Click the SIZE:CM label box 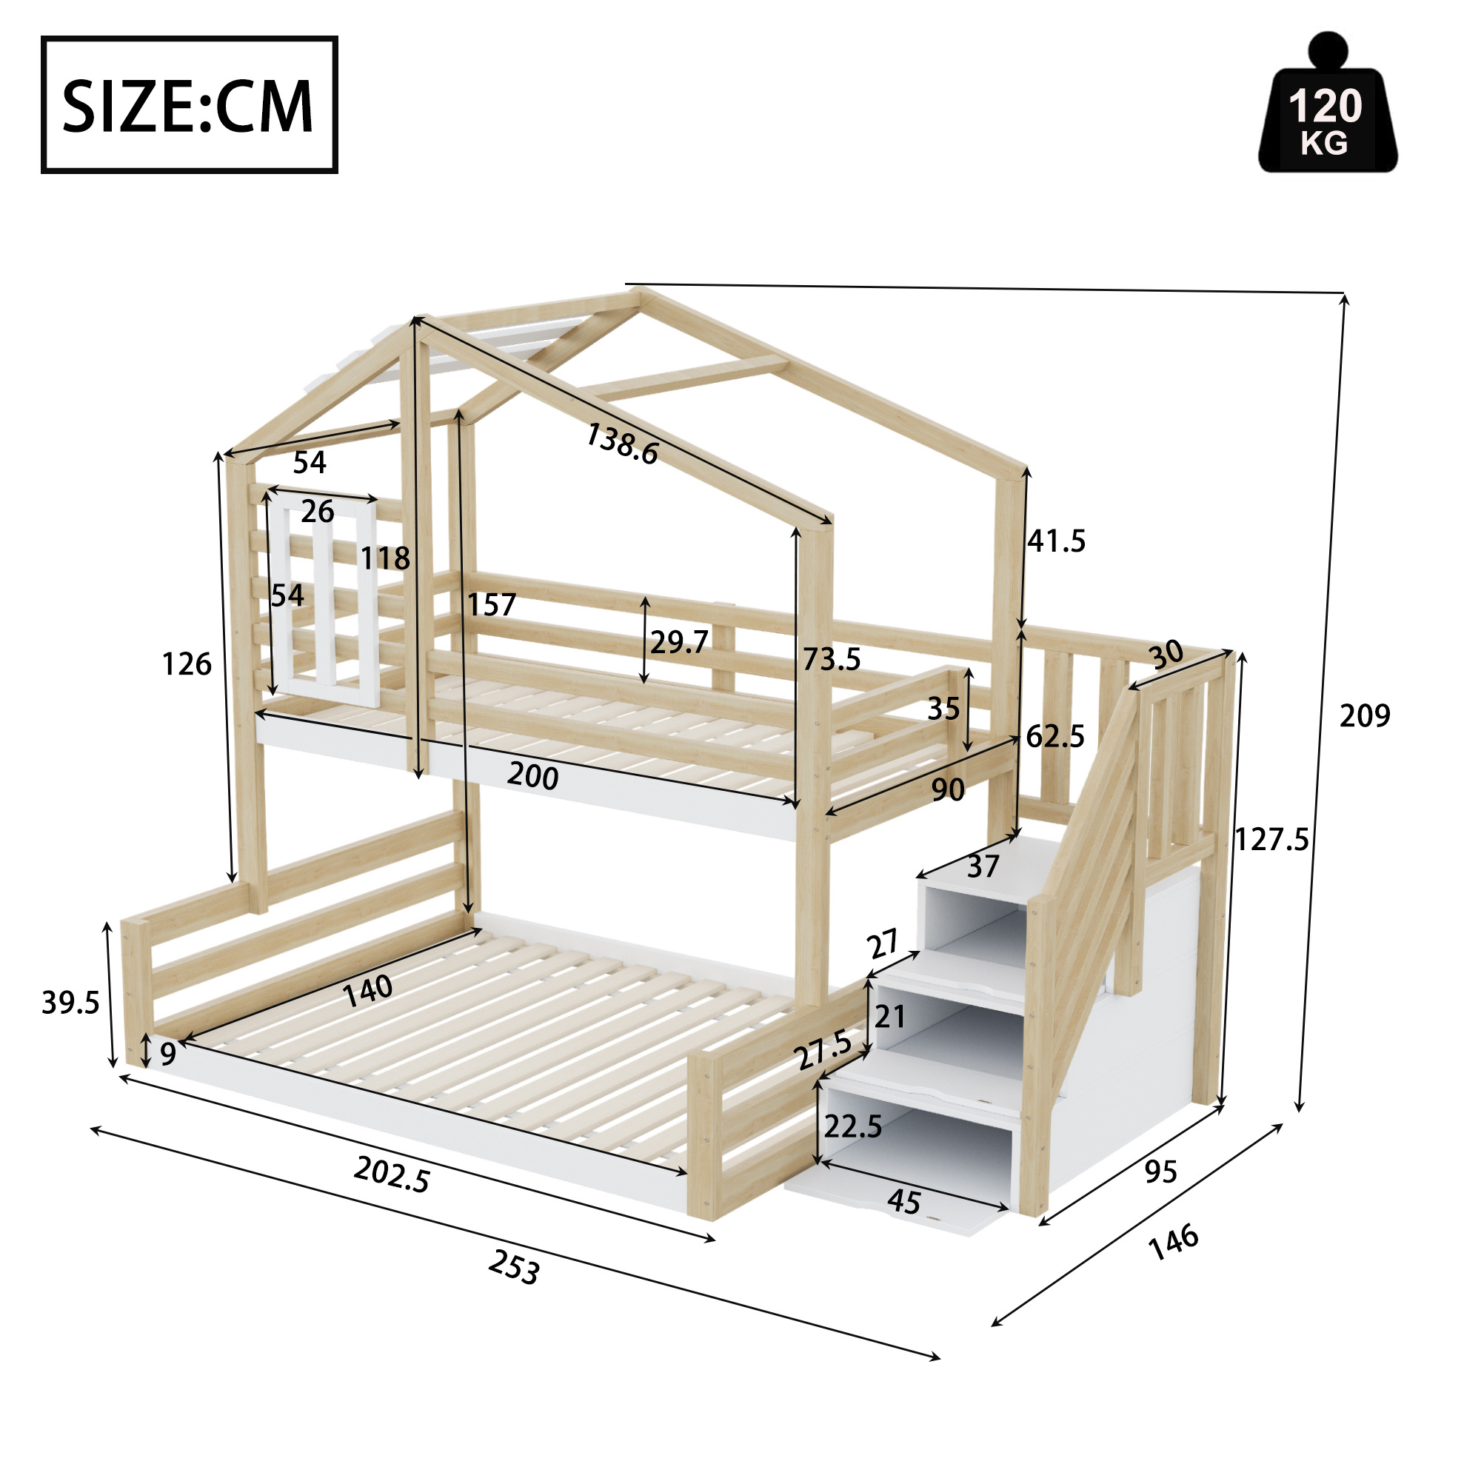[189, 105]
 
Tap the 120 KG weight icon [1327, 102]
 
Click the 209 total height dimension [1365, 715]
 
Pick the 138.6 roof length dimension [622, 444]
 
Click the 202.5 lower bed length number [392, 1174]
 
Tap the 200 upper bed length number [532, 775]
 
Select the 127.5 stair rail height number [1272, 840]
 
